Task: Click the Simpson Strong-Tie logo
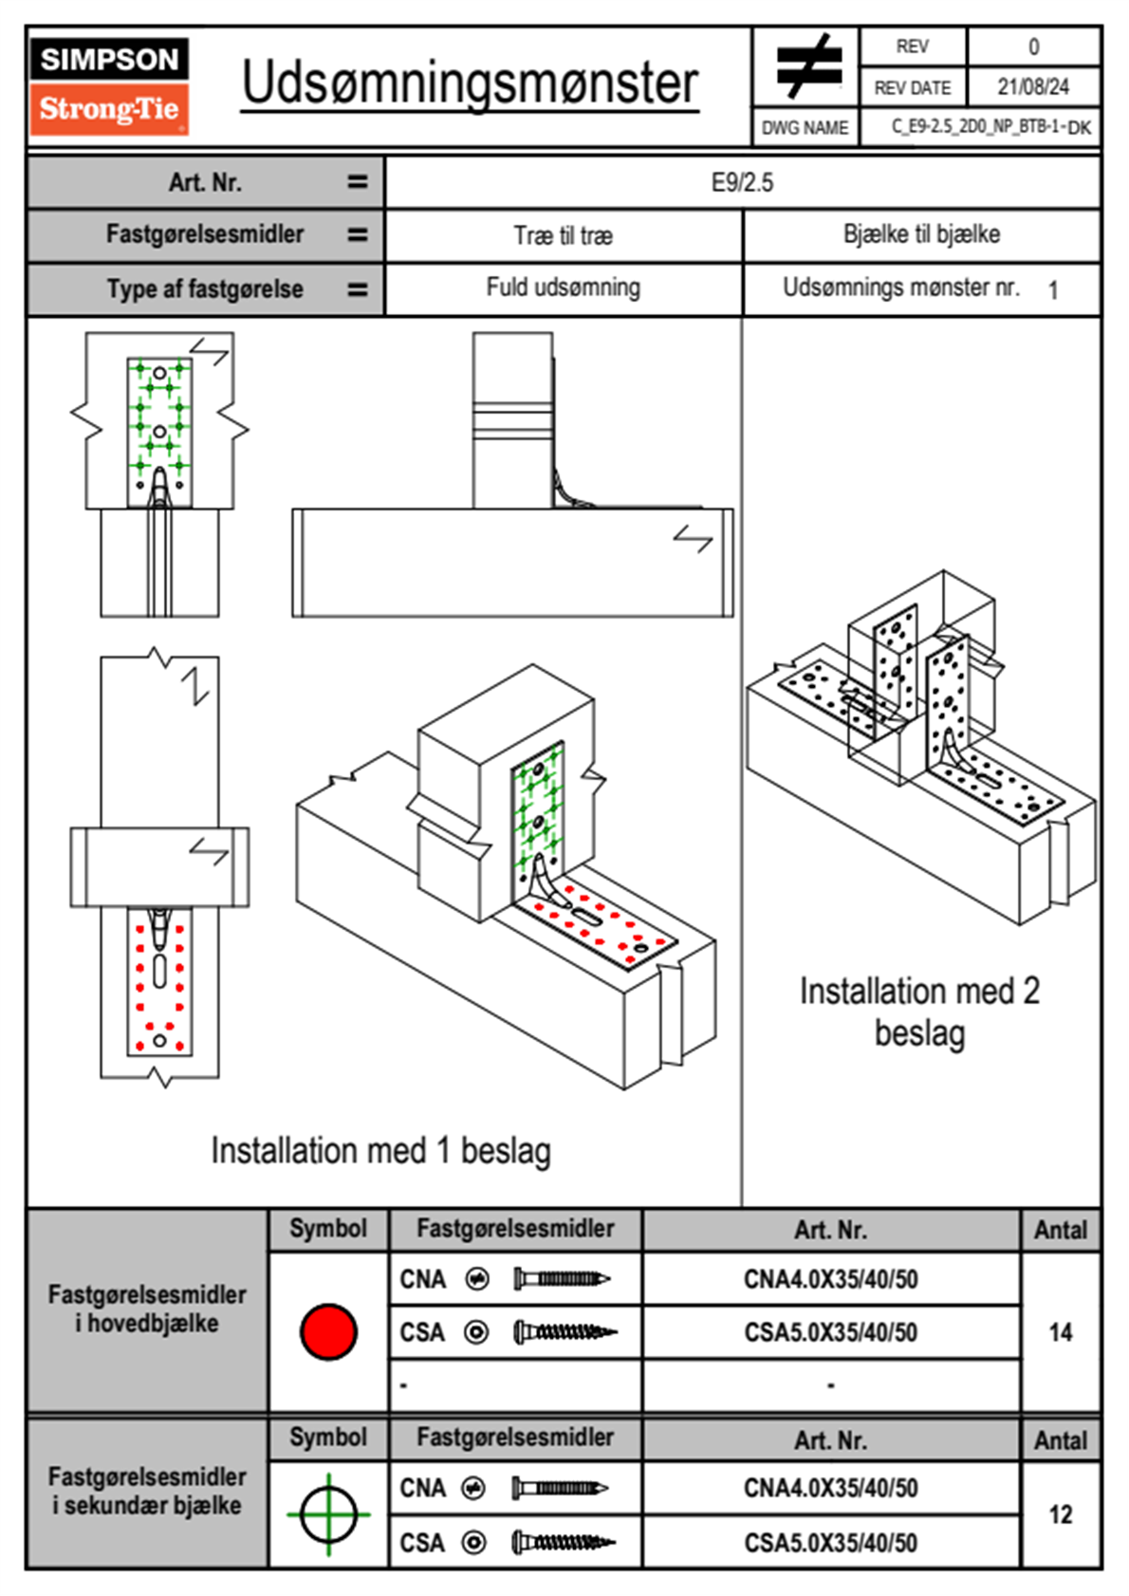pos(109,85)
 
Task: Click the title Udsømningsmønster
pos(470,84)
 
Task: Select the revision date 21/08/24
pos(1032,87)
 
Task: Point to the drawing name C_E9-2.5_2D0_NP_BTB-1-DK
pos(990,127)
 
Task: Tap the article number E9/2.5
pos(742,182)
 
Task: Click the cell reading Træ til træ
pos(563,235)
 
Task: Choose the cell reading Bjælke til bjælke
pos(921,234)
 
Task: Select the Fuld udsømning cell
pos(563,288)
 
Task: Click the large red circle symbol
pos(328,1331)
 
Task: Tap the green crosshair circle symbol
pos(328,1514)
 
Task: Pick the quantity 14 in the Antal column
pos(1061,1332)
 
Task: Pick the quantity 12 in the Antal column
pos(1061,1514)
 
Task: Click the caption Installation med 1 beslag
pos(380,1150)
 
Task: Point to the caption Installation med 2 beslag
pos(919,1011)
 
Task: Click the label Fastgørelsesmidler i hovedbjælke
pos(147,1308)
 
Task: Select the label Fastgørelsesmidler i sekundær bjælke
pos(147,1491)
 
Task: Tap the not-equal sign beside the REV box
pos(806,66)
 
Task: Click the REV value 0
pos(1033,46)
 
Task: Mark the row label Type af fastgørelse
pos(205,289)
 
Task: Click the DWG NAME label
pos(805,128)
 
